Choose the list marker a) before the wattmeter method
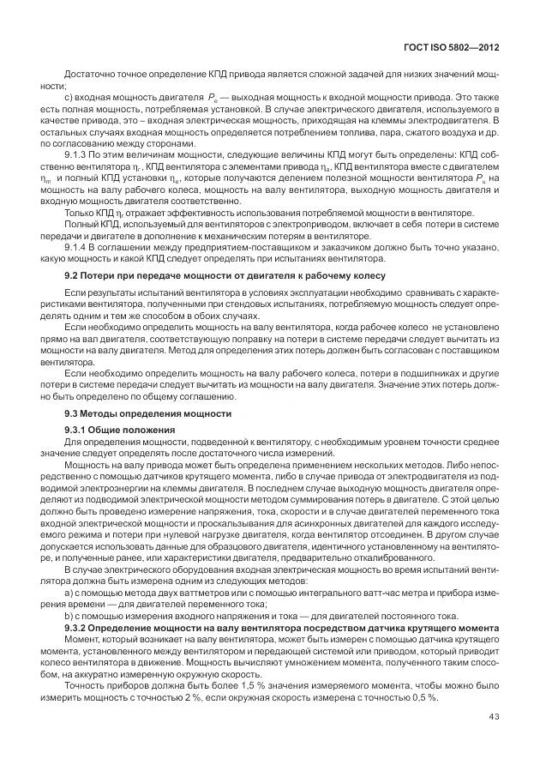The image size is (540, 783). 69,593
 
